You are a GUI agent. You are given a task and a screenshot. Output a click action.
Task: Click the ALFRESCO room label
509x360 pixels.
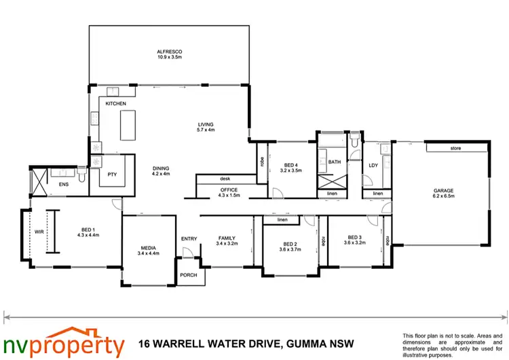[x=170, y=51]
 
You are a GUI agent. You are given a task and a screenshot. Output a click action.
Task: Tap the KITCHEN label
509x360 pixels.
[x=116, y=103]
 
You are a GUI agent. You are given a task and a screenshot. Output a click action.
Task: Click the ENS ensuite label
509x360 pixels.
[x=64, y=184]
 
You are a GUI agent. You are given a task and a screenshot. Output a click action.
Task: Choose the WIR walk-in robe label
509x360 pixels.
[x=37, y=232]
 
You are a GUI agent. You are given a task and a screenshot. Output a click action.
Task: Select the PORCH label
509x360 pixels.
[x=188, y=276]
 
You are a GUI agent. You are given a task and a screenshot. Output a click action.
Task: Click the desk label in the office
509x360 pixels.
[x=225, y=179]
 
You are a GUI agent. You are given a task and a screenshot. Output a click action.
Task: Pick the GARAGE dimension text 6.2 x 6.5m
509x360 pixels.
[x=444, y=196]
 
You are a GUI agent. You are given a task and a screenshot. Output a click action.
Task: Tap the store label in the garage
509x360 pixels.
[x=456, y=148]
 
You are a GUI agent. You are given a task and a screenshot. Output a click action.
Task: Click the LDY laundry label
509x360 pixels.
[x=373, y=165]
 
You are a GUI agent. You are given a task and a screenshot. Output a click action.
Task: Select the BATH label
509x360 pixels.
[x=335, y=162]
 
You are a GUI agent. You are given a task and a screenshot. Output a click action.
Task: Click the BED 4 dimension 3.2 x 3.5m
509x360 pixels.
[x=290, y=171]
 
